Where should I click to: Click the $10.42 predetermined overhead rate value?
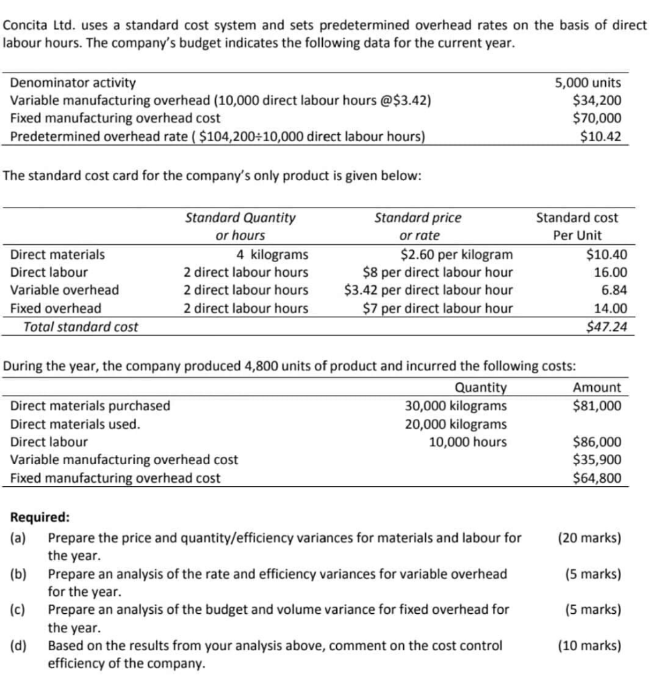(601, 137)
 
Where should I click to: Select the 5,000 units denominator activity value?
(588, 83)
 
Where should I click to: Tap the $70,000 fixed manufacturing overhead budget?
(597, 119)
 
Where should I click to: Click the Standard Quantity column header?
(240, 217)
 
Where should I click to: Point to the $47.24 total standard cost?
(606, 327)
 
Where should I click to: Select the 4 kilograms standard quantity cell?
(272, 254)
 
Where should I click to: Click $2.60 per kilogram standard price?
(456, 254)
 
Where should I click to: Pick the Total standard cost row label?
(81, 327)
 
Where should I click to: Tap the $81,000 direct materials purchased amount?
(597, 406)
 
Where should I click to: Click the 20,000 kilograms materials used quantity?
(456, 424)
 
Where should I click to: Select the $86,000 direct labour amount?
(597, 442)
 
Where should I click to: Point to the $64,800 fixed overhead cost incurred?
(597, 477)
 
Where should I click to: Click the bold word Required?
(39, 518)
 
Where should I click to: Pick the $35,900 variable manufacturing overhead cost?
(597, 460)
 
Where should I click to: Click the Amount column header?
(597, 387)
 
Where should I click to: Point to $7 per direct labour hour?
(438, 308)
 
